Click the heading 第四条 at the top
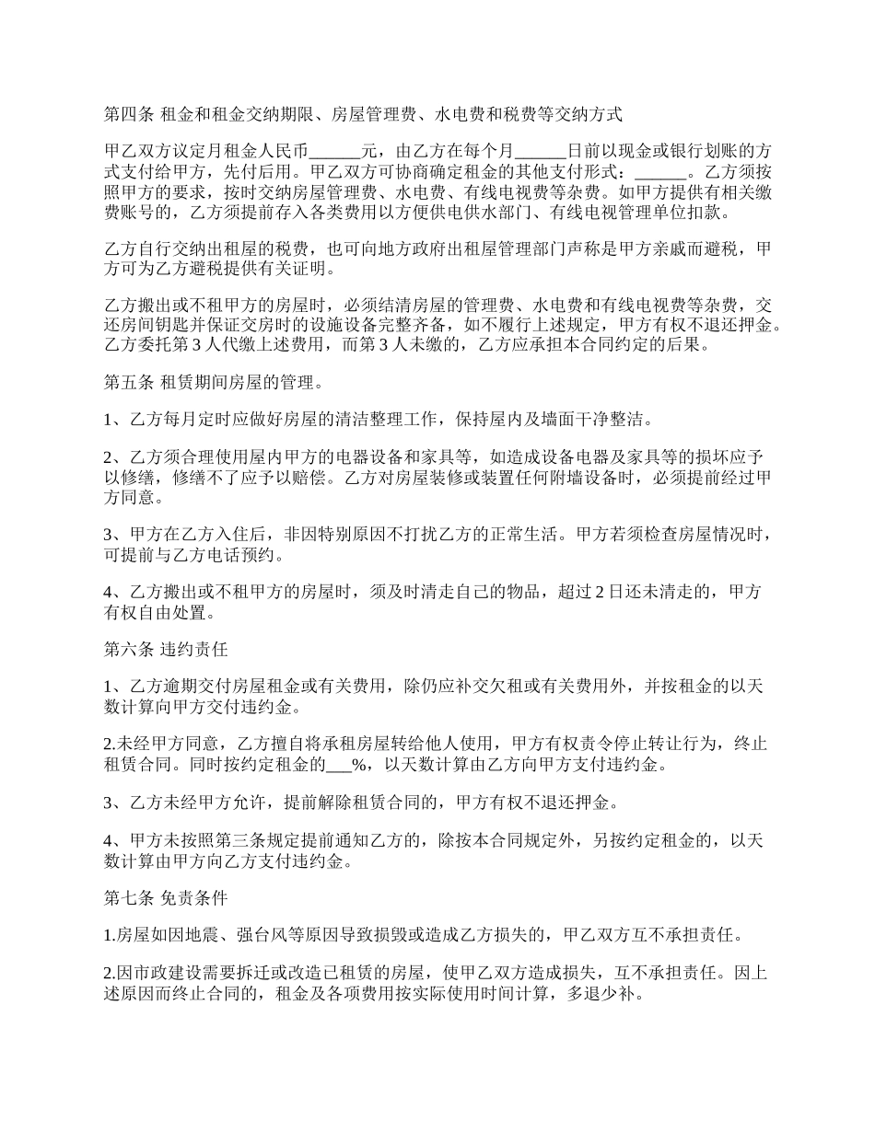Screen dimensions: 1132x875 coord(129,115)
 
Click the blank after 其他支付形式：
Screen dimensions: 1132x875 coord(661,172)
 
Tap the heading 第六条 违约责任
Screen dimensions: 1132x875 coord(166,650)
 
